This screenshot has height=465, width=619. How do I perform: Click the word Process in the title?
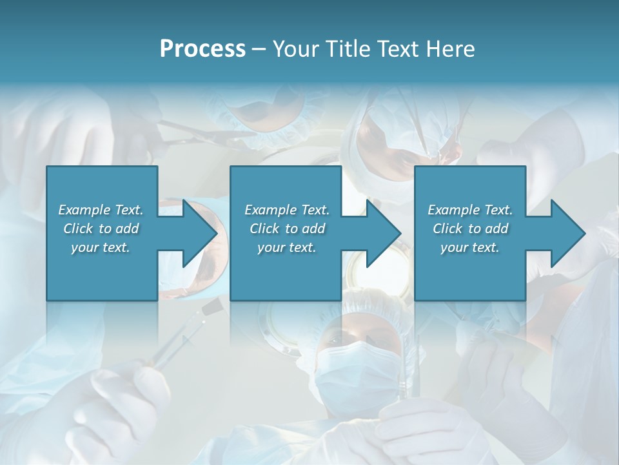(202, 49)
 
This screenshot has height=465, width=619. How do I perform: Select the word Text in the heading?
(398, 49)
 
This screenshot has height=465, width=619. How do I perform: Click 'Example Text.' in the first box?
(101, 210)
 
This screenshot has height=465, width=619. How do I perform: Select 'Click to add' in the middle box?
(287, 229)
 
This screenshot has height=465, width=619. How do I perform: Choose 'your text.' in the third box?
(470, 247)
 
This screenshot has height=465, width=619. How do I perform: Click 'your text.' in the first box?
(101, 247)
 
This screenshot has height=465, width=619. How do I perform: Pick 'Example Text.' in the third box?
(470, 210)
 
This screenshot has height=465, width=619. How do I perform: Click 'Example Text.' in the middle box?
(287, 210)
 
